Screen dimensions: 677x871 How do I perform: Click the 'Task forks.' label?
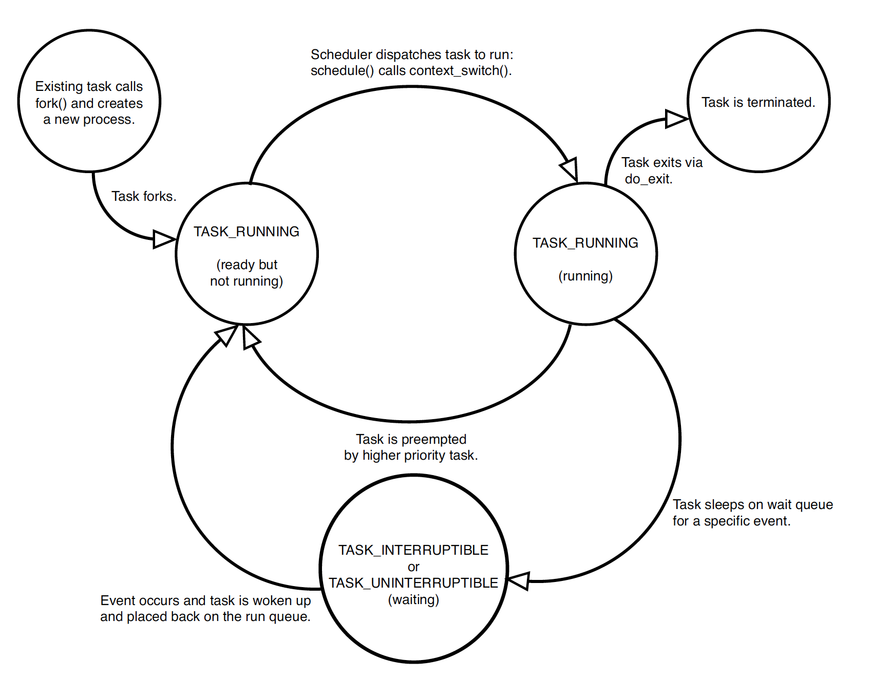pos(144,196)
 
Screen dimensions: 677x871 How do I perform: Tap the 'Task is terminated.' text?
pos(758,102)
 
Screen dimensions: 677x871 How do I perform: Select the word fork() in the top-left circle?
pos(50,103)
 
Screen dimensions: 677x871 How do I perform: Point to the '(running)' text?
pos(585,276)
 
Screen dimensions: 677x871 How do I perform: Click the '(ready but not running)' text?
pos(247,273)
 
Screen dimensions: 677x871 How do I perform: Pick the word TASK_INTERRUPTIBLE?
pos(413,550)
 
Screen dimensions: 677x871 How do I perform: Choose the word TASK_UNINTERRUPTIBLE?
pos(413,583)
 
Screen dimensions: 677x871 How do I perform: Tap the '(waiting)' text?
pos(413,599)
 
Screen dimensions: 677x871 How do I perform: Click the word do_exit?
pos(648,179)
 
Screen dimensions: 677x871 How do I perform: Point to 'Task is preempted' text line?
pos(411,439)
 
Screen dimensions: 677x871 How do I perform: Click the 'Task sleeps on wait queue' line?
pos(752,504)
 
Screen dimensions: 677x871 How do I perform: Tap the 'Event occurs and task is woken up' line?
pos(205,600)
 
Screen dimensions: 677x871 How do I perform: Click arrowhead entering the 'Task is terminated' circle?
pos(676,119)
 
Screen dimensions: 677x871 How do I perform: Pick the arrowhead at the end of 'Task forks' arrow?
pos(164,239)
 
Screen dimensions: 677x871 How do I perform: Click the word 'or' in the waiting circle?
pos(413,567)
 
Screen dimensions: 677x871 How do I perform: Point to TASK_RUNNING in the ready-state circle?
pos(247,232)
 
